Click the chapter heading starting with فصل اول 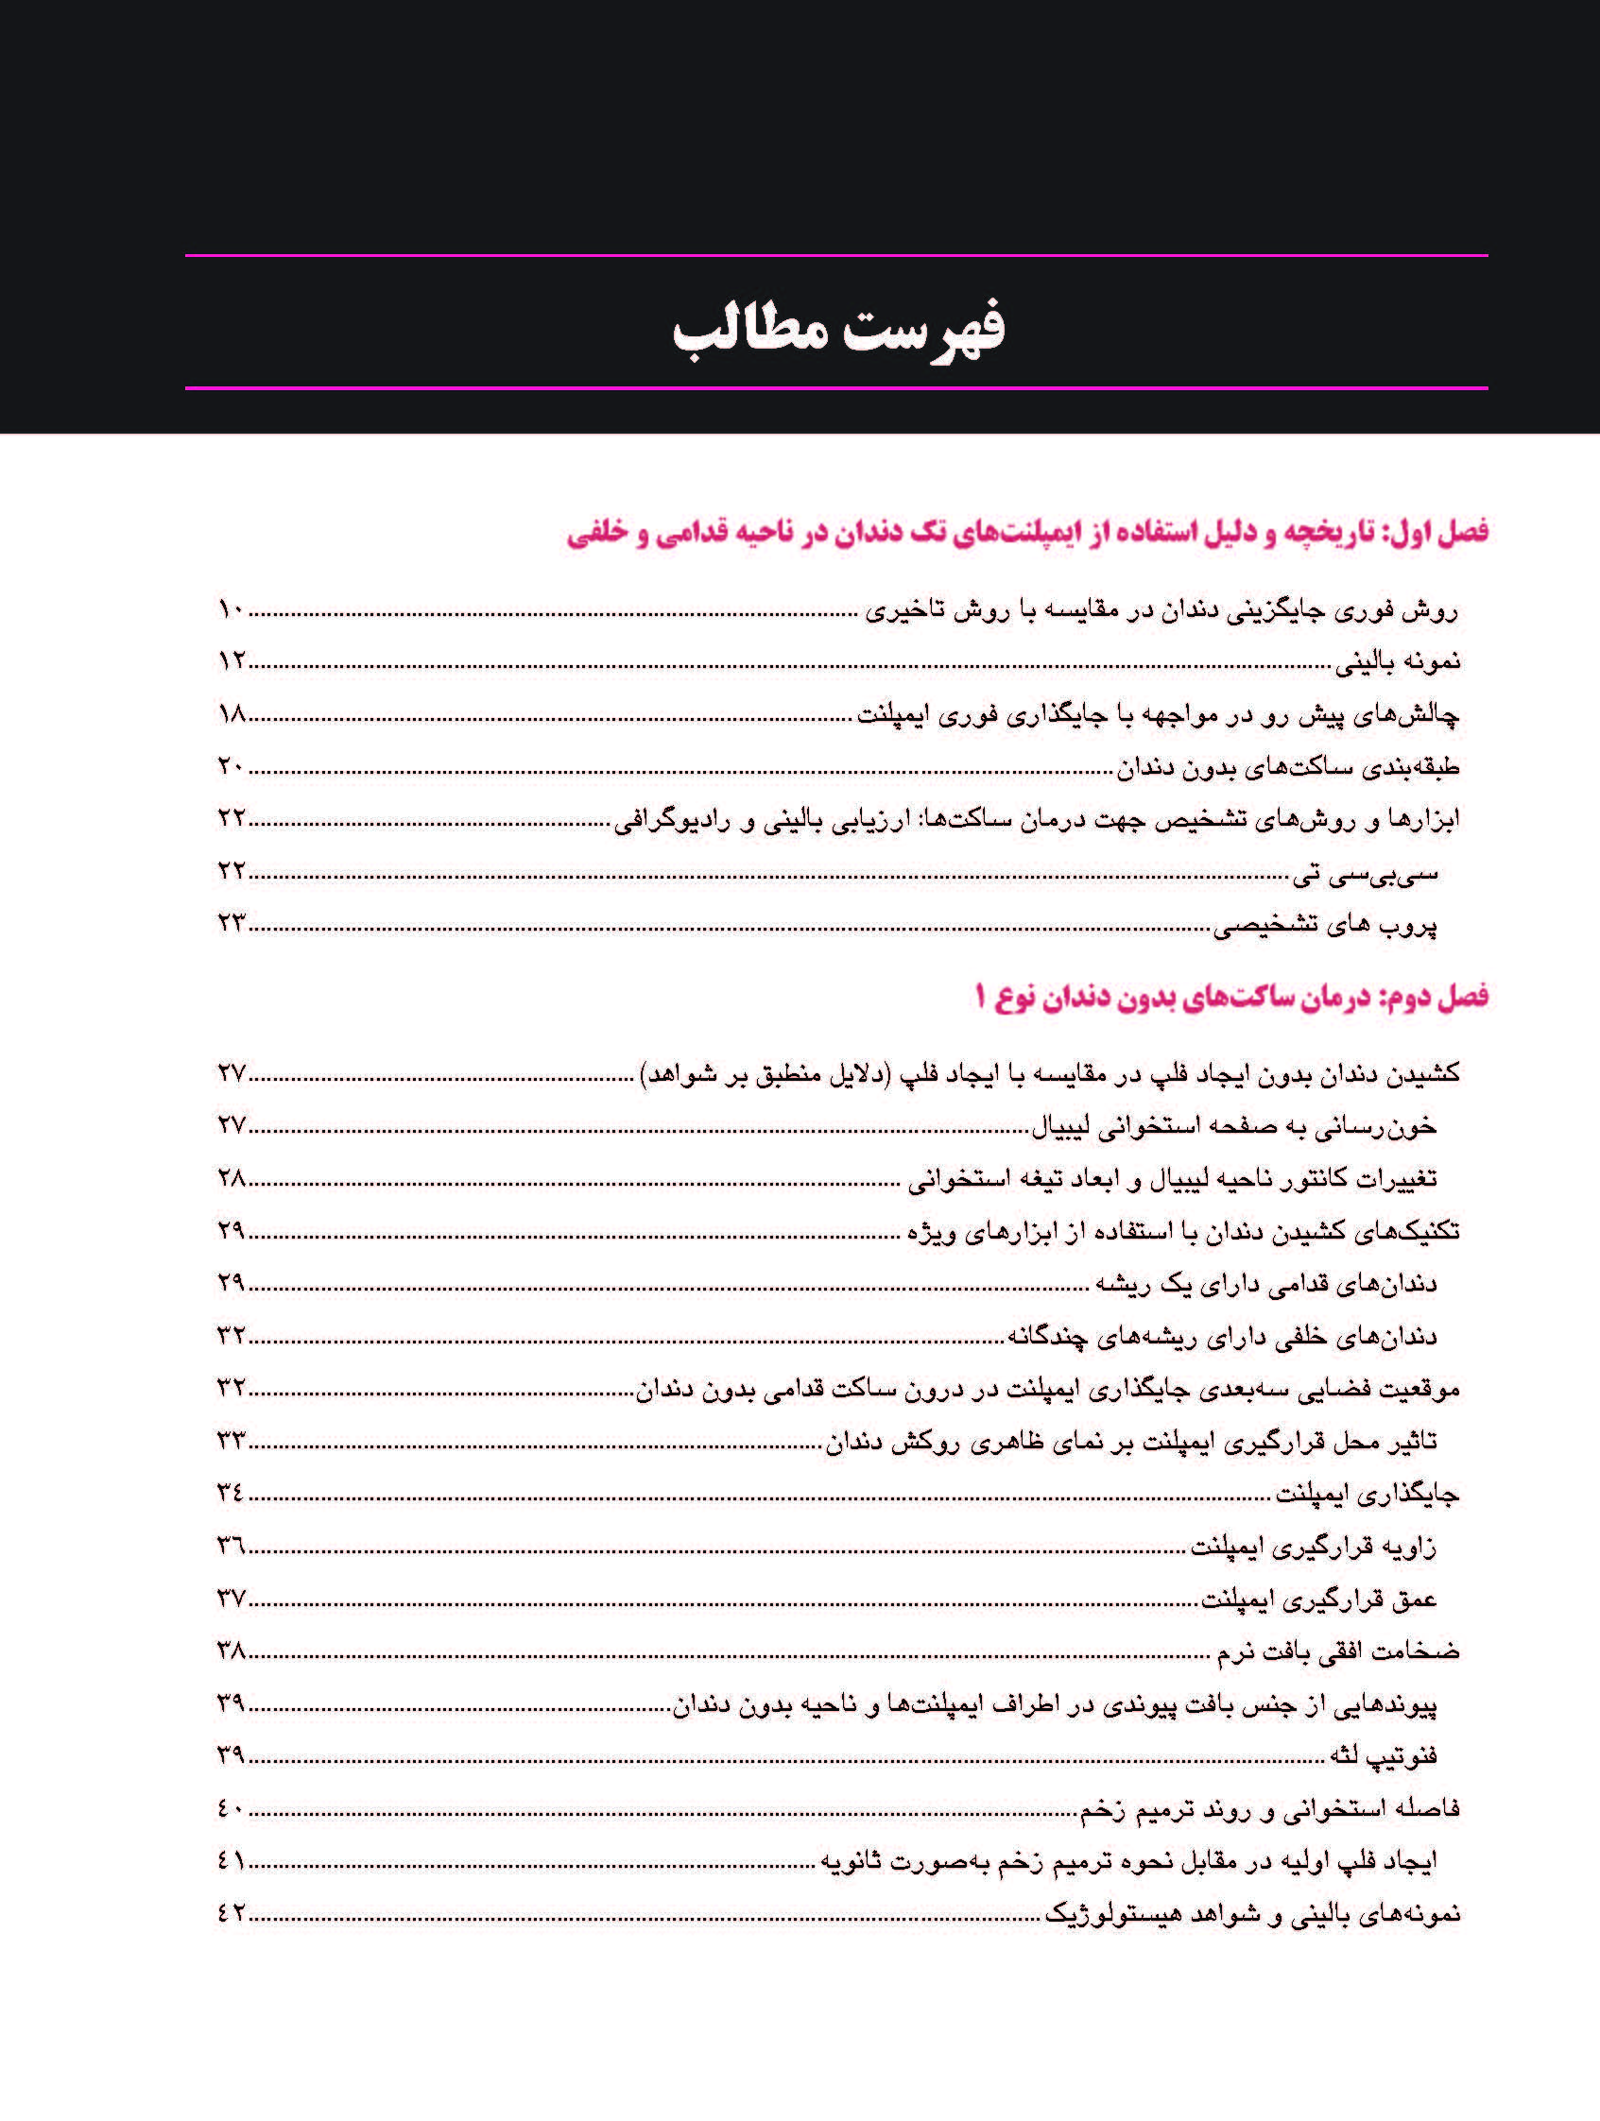(x=1026, y=532)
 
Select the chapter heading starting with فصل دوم (x=1230, y=998)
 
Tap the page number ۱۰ (x=232, y=608)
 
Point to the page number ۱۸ (x=232, y=713)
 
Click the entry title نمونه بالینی (x=1398, y=661)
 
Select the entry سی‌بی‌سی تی (x=1365, y=873)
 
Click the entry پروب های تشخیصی (x=1326, y=925)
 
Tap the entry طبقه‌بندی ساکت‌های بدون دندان (x=1287, y=767)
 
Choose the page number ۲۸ (x=232, y=1177)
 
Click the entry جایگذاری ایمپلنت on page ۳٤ (x=1367, y=1494)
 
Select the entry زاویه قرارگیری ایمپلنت (x=1314, y=1547)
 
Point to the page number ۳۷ (x=232, y=1598)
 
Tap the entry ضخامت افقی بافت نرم (x=1338, y=1651)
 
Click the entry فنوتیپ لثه (x=1383, y=1755)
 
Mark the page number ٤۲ (x=232, y=1913)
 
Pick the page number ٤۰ (x=232, y=1808)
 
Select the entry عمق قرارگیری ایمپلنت (x=1319, y=1599)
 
